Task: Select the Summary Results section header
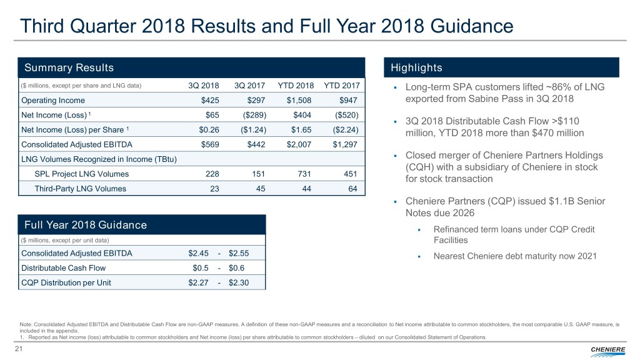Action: point(69,67)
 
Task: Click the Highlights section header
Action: point(416,67)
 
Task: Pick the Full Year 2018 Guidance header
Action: point(85,225)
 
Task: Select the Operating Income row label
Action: point(53,101)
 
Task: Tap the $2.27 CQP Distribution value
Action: point(201,282)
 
